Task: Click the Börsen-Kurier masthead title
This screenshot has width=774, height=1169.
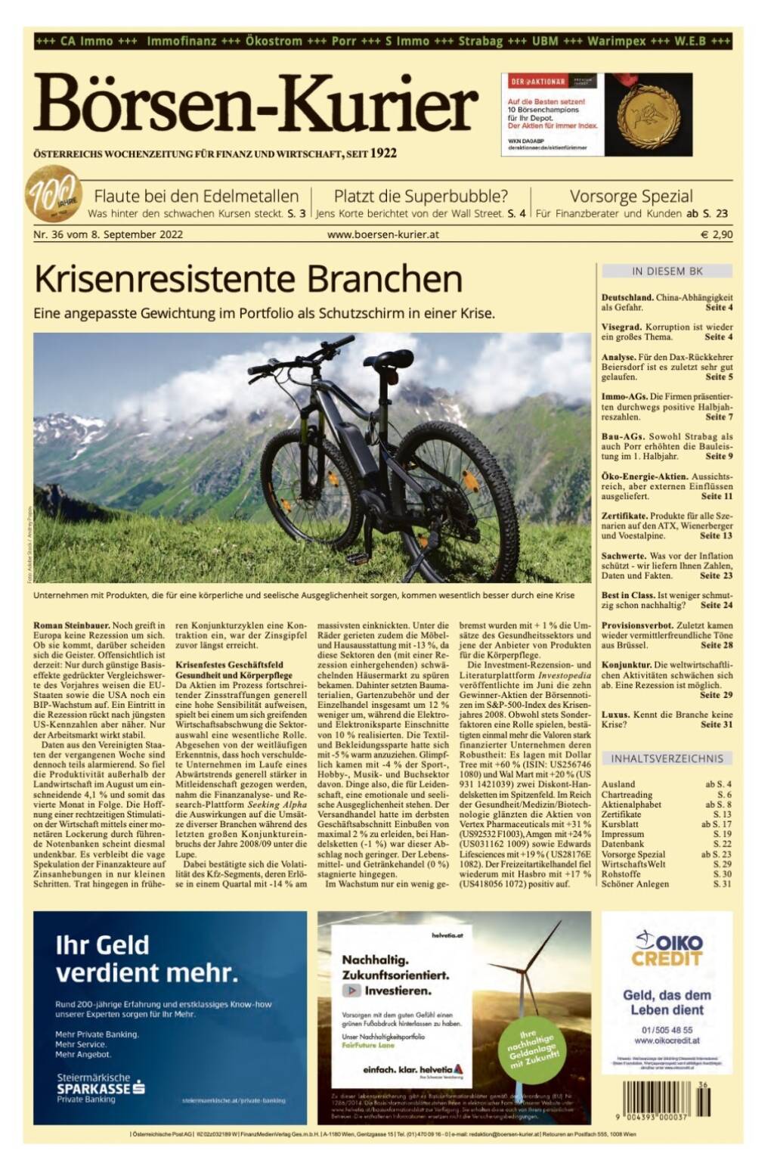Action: click(255, 104)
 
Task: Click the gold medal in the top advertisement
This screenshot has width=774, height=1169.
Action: click(648, 114)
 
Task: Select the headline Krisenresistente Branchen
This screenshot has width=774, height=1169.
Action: click(248, 279)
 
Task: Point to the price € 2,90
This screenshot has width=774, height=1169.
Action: click(716, 234)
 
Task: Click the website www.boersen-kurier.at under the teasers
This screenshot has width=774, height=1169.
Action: click(382, 234)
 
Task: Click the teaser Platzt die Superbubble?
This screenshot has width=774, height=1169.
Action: click(420, 197)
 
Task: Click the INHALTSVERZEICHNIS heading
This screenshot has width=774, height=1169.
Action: click(667, 758)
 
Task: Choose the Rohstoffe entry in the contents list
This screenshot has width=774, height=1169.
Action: click(621, 873)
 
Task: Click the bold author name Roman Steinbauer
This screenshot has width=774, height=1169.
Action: click(72, 625)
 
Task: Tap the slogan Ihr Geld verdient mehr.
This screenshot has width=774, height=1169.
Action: click(147, 958)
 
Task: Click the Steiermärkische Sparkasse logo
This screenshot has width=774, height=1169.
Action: click(101, 1087)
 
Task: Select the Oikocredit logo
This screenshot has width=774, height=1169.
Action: click(667, 949)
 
